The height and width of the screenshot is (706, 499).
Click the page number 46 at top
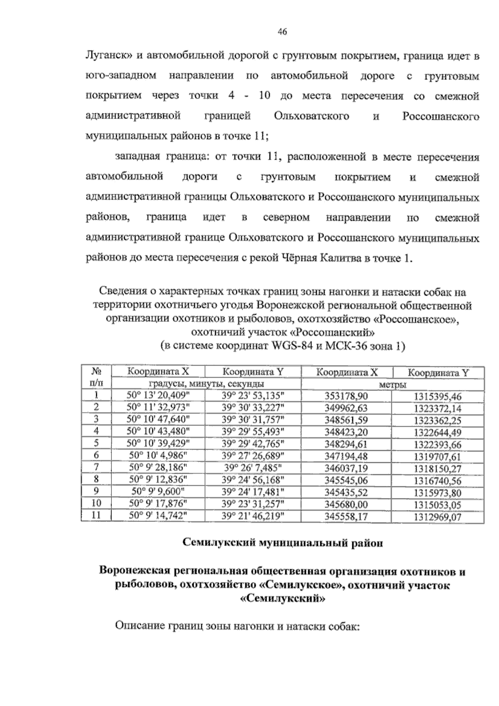coord(282,32)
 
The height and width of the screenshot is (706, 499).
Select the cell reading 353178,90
coord(346,396)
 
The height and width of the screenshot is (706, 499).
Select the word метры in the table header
coord(393,384)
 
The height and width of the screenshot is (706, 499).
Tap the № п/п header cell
coord(96,377)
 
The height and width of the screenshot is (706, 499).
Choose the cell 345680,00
coord(346,504)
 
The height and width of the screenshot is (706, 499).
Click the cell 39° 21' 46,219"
coord(253,516)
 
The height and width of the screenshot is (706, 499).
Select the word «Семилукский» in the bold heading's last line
coord(282,599)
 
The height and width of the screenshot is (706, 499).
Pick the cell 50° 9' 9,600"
coord(158,492)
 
